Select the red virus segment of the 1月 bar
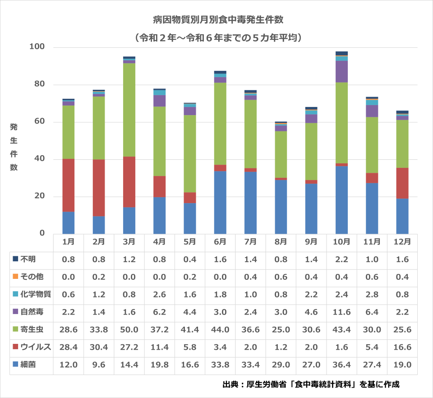(69, 185)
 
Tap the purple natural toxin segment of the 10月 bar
(341, 71)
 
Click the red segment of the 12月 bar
(402, 183)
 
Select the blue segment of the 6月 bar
(220, 202)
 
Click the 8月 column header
(281, 241)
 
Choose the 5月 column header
(190, 241)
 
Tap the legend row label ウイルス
(32, 347)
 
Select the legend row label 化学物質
(32, 294)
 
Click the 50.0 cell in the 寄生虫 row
(129, 329)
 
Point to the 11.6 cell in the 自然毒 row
(341, 312)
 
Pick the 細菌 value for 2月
(99, 365)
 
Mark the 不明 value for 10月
(341, 259)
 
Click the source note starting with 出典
(311, 385)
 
